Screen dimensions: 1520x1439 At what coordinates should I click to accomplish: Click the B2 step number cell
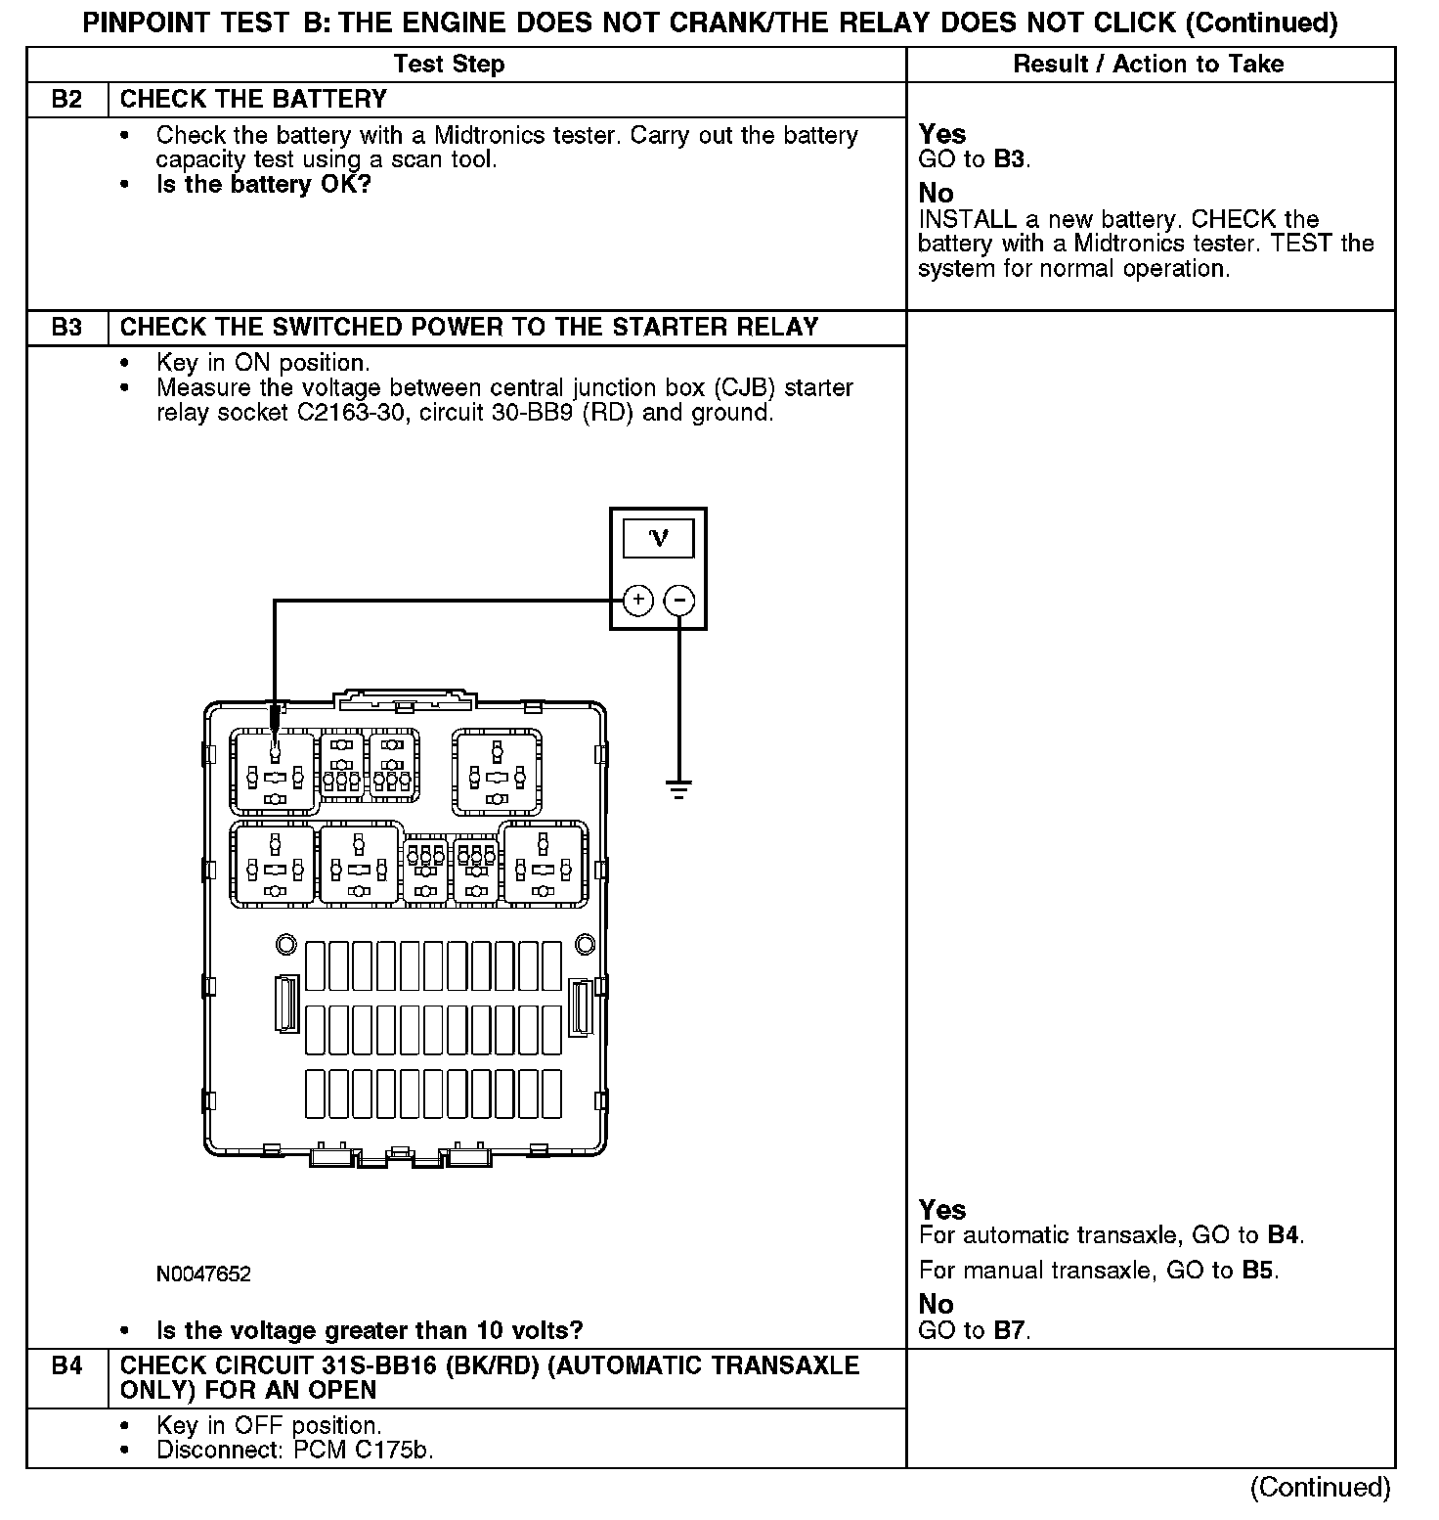tap(66, 99)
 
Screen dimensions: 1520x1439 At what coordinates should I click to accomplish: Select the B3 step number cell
tap(66, 327)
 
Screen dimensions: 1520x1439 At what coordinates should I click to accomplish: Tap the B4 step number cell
tap(66, 1365)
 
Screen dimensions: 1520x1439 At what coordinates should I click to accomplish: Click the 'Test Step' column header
tap(449, 65)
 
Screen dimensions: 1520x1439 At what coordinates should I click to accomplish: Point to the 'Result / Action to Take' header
tap(1149, 65)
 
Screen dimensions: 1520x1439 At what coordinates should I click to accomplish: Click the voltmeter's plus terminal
tap(637, 600)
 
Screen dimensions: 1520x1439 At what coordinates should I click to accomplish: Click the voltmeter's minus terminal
tap(679, 600)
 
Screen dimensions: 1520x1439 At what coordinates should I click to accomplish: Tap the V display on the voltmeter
tap(659, 538)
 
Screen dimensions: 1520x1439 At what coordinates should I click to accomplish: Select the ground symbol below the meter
tap(679, 787)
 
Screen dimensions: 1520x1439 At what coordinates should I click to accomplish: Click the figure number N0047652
tap(203, 1274)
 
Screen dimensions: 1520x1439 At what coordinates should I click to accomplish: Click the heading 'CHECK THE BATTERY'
tap(253, 99)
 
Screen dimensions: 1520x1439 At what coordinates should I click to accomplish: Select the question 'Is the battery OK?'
tap(264, 184)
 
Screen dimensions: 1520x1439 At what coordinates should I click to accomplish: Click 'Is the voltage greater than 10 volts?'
tap(370, 1330)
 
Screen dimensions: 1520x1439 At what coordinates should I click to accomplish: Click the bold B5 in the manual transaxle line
tap(1259, 1271)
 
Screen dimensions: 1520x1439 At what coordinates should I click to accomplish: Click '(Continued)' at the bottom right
tap(1319, 1487)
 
